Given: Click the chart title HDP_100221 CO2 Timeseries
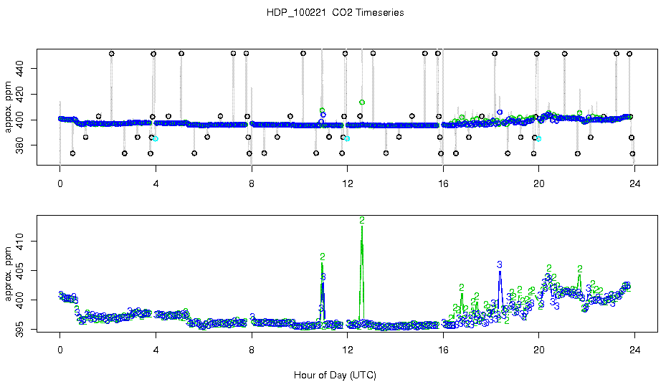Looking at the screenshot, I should [335, 12].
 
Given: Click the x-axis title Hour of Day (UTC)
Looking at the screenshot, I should [335, 375].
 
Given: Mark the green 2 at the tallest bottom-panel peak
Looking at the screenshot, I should [362, 220].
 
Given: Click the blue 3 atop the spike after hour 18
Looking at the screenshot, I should [500, 265].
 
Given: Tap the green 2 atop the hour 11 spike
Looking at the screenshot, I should [323, 257].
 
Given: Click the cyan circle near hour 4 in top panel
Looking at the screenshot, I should [156, 138].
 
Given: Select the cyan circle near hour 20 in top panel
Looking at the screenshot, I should [539, 138].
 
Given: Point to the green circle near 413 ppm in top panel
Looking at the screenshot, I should [362, 102].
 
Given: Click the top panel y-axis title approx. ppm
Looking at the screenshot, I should [9, 107].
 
